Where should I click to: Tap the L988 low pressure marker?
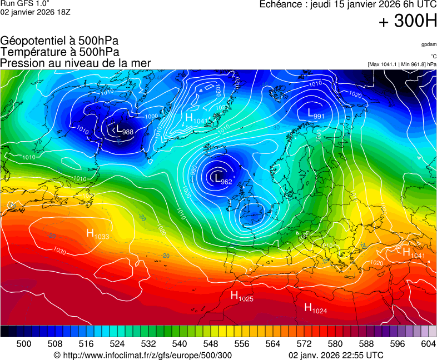click(123, 131)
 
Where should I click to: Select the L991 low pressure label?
click(315, 114)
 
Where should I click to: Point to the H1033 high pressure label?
click(97, 234)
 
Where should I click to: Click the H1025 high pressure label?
click(242, 296)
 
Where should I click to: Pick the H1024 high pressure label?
click(315, 308)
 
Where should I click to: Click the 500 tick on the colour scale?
click(24, 344)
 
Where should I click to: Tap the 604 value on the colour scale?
click(428, 344)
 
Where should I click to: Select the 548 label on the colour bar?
click(210, 344)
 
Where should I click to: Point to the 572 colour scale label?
click(304, 344)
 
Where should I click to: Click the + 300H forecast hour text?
click(408, 22)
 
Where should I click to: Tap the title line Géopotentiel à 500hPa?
click(59, 41)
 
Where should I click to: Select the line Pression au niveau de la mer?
click(76, 63)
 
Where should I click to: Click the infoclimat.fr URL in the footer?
click(142, 356)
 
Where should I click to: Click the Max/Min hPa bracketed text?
click(401, 64)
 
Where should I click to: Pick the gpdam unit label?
click(428, 44)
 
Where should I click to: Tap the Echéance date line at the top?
click(348, 4)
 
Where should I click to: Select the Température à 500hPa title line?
click(59, 52)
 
